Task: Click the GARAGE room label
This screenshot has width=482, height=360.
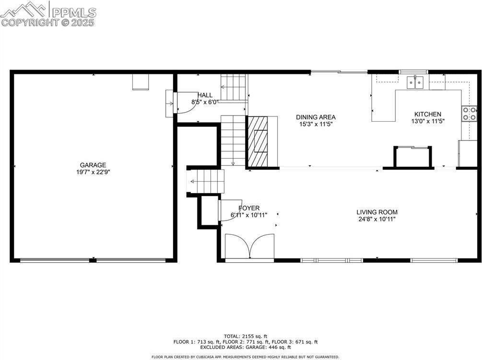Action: [93, 165]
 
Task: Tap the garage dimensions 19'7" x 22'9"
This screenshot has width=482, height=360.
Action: [93, 172]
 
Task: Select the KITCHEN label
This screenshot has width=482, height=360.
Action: [428, 114]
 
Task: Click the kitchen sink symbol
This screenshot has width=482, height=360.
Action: [416, 82]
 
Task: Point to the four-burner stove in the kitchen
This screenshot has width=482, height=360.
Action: [470, 114]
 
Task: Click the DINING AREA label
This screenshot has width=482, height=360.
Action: [316, 117]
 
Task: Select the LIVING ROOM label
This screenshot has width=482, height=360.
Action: [377, 212]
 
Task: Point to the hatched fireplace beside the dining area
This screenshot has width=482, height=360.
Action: [262, 142]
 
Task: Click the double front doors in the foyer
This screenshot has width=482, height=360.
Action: [249, 247]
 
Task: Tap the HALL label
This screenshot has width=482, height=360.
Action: [205, 95]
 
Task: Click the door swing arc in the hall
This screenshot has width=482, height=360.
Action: [187, 102]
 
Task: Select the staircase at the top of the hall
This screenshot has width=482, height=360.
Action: [234, 88]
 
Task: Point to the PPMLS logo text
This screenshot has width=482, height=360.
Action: [73, 12]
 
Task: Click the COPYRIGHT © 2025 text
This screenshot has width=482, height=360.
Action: [48, 22]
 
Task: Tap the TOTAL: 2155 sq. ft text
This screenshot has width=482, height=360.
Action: [246, 336]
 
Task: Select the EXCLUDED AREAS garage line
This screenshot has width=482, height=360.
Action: [246, 347]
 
